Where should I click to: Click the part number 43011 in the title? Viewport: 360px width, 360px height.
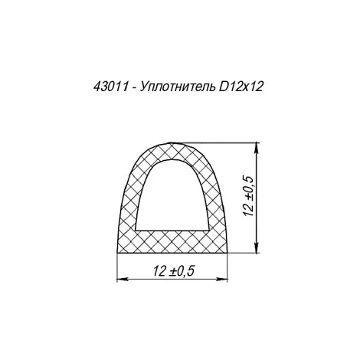click(111, 87)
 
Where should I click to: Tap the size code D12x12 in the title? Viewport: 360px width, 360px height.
click(240, 87)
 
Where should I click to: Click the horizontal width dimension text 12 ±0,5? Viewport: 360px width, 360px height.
click(174, 271)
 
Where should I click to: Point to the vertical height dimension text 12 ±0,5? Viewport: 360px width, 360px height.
click(248, 196)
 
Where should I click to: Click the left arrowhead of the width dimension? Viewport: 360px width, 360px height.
click(122, 280)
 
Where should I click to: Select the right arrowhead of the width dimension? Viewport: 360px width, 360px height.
click(222, 280)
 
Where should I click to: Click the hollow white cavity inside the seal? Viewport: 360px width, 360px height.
click(172, 199)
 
